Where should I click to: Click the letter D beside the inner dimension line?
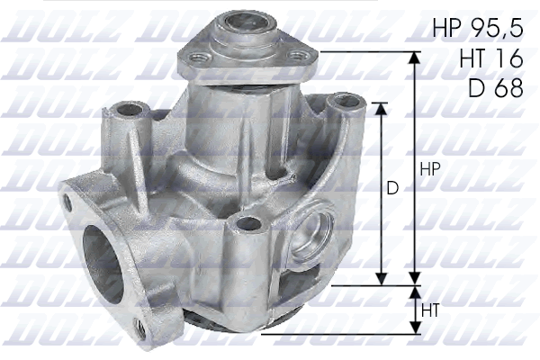coord(392,190)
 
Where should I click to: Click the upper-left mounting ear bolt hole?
coord(125,111)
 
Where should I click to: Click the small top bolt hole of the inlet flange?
coord(67,202)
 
